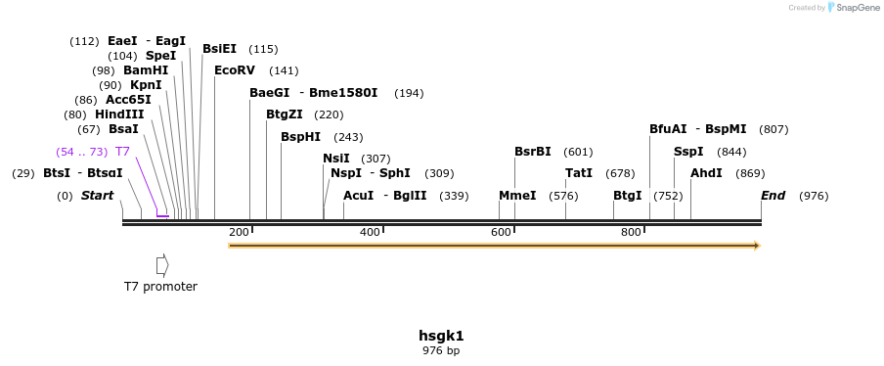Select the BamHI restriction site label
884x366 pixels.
tap(146, 70)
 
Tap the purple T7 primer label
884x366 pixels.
tap(122, 152)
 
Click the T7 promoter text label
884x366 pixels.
tap(160, 287)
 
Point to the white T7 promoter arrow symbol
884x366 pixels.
tap(162, 265)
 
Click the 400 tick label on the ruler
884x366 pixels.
tap(370, 232)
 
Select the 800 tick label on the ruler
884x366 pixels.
tap(631, 232)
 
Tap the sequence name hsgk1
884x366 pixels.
tap(441, 336)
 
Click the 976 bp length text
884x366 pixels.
tap(441, 350)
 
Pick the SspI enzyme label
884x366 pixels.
tap(688, 152)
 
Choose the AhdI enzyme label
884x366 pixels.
tap(706, 173)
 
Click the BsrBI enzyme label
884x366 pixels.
tap(533, 152)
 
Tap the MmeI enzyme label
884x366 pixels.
tap(517, 196)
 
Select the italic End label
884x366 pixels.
tap(773, 196)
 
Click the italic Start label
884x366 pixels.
tap(97, 196)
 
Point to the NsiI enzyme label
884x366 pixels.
tap(336, 159)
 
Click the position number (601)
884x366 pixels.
tap(578, 152)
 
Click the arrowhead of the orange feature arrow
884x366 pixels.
tap(755, 246)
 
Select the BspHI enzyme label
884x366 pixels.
tap(300, 137)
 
